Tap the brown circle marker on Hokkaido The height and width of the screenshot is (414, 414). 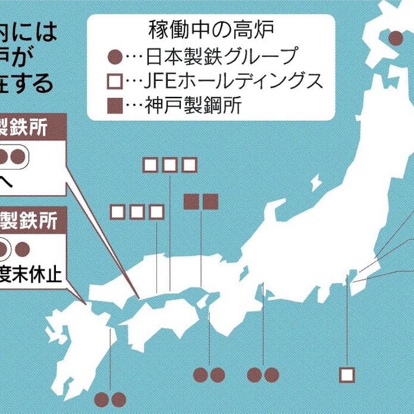tap(396, 39)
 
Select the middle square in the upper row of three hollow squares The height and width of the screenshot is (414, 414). tap(170, 165)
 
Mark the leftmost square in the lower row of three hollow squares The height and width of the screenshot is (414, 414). tap(118, 211)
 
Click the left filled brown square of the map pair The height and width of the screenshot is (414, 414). tap(191, 202)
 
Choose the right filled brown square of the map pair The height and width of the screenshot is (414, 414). tap(211, 202)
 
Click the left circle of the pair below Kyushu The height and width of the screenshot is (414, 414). tap(102, 399)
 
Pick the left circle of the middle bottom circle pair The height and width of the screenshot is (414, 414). tap(200, 375)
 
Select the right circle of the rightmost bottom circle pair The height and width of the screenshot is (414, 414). tap(272, 375)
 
